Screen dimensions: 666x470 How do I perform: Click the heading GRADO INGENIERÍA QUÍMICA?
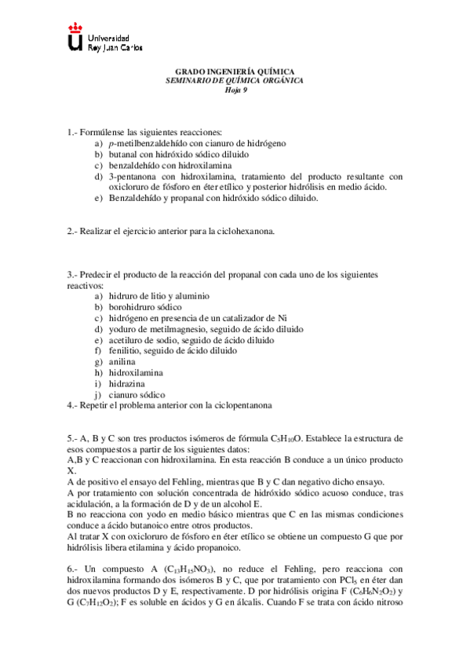(x=234, y=71)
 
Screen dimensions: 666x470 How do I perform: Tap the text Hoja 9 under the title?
(x=235, y=89)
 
